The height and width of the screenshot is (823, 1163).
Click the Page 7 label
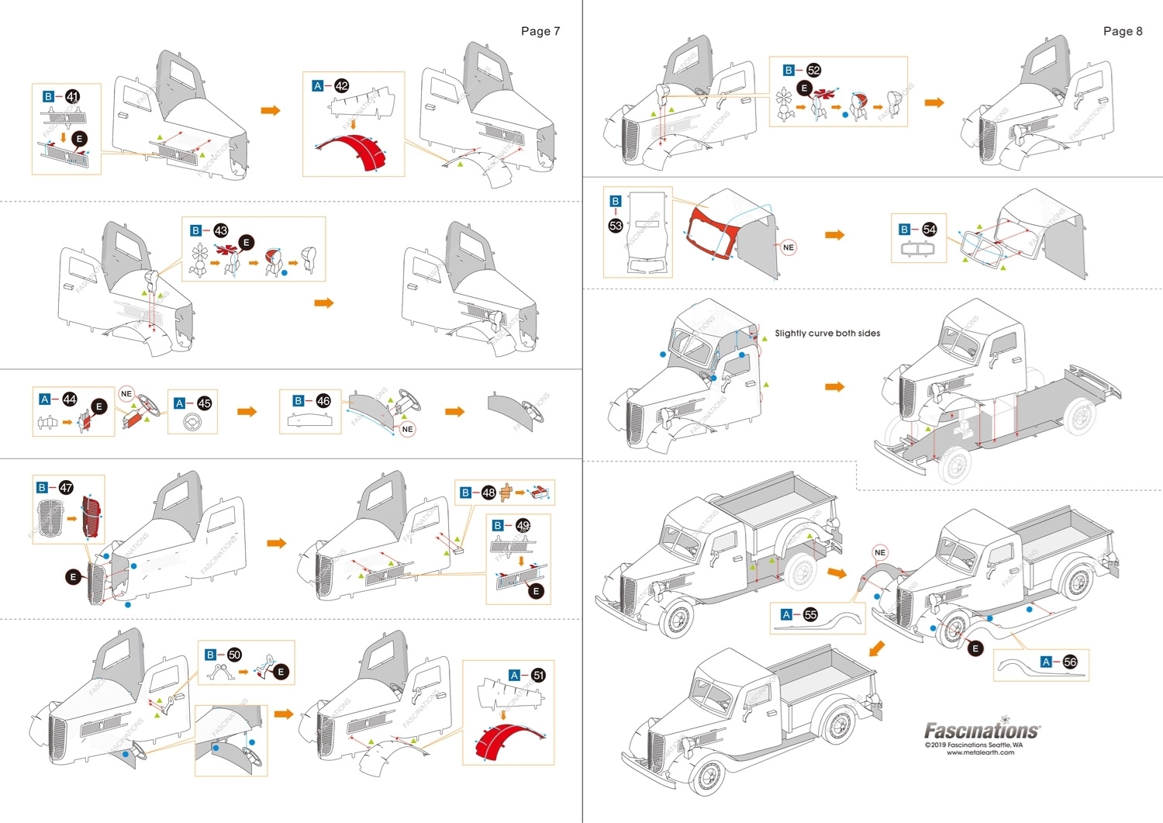pos(540,31)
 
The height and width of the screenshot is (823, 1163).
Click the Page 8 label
pos(1122,31)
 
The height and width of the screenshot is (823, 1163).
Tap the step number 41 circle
pos(72,97)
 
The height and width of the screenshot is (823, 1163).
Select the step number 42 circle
pos(341,86)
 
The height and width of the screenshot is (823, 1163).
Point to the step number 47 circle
pos(66,487)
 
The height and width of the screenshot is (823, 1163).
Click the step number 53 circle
pos(616,226)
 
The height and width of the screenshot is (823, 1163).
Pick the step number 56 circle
pos(1070,662)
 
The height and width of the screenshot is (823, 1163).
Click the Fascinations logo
pos(982,730)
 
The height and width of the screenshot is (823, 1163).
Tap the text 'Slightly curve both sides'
pos(827,334)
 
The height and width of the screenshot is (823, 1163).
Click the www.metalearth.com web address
pos(980,752)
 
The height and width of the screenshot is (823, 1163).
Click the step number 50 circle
pos(234,655)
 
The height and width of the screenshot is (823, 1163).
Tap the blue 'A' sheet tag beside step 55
pos(786,614)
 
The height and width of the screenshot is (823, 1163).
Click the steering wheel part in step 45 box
pos(192,422)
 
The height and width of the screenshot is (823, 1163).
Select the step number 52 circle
pos(813,70)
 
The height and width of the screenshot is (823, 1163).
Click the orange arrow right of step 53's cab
pos(834,235)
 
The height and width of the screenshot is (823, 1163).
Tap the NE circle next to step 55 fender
pos(879,552)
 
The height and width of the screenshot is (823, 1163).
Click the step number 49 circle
pos(523,525)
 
